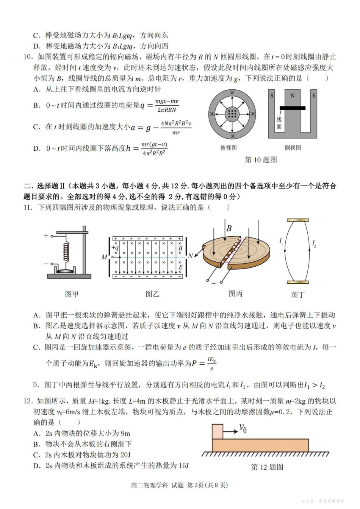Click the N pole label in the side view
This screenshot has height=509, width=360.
(x=292, y=95)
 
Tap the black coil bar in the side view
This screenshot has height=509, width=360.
(x=293, y=108)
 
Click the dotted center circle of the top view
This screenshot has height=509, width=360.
(x=232, y=113)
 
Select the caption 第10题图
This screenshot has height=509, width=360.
(x=261, y=160)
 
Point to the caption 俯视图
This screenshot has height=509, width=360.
(x=229, y=148)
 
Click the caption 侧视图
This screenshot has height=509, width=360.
(x=293, y=148)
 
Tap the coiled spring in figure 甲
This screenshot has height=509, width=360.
(x=67, y=250)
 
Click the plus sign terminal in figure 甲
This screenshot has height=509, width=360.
(x=46, y=236)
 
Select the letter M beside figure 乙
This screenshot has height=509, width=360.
(x=104, y=257)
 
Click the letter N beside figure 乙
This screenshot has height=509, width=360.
(x=190, y=256)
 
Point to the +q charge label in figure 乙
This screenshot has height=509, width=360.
(x=115, y=248)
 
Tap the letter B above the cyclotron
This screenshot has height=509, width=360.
(x=229, y=228)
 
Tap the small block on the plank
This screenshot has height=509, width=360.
(x=218, y=431)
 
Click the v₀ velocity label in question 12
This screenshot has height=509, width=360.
(x=243, y=428)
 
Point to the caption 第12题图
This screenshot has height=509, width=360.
(x=267, y=467)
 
